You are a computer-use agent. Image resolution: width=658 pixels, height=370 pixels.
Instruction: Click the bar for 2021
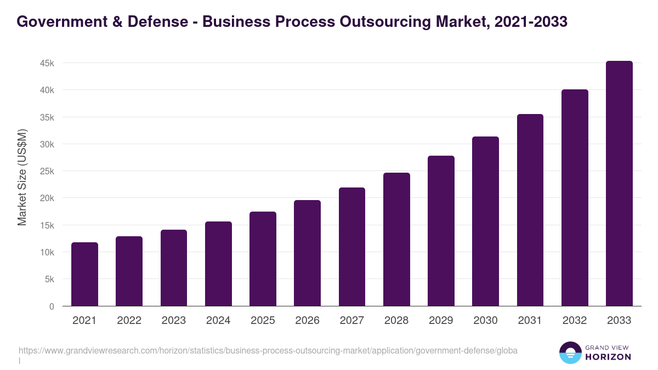tap(84, 274)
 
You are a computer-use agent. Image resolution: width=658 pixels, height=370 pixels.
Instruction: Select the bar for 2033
tap(619, 184)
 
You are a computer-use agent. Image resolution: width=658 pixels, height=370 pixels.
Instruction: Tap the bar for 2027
tap(352, 247)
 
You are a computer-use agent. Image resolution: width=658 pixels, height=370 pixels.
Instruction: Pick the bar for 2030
tap(485, 221)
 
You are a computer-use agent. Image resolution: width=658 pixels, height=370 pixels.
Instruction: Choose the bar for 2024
tap(218, 264)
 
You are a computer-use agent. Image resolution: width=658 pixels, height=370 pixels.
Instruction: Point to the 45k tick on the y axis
tap(47, 63)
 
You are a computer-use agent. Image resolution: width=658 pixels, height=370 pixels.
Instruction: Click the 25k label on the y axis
tap(47, 171)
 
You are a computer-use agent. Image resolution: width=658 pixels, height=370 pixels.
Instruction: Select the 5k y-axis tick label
tap(49, 279)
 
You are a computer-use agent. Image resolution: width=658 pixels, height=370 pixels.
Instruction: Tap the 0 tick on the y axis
tap(52, 306)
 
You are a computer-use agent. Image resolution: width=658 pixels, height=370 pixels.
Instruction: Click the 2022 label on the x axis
tap(129, 321)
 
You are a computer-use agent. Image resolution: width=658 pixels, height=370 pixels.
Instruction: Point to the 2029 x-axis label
tap(441, 321)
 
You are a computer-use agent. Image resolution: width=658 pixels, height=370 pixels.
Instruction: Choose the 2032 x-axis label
tap(575, 321)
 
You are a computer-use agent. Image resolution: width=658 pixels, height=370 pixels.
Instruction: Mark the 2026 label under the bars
tap(307, 321)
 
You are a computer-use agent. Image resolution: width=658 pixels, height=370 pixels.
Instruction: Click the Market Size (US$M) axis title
tap(22, 177)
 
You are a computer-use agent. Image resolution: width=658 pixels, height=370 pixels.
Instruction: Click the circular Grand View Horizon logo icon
tap(570, 353)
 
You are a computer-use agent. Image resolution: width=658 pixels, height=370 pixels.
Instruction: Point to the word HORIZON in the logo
tap(608, 357)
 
